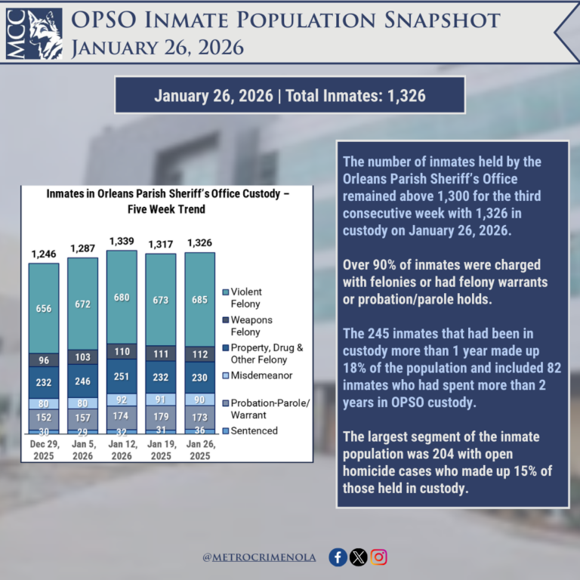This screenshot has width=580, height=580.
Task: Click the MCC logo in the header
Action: [34, 35]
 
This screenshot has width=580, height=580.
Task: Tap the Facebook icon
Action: [338, 557]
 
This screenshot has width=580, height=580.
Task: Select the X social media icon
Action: [358, 557]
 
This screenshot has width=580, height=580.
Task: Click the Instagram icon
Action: [378, 557]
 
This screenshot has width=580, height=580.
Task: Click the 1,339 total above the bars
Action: [122, 241]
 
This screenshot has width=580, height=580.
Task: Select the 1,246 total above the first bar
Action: [44, 254]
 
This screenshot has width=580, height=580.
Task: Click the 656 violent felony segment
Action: [44, 308]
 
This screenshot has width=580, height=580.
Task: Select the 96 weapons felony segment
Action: [44, 359]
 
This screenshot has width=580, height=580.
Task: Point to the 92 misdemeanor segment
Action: [122, 400]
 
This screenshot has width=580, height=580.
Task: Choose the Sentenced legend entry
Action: [254, 430]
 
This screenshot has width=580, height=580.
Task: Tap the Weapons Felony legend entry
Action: [253, 325]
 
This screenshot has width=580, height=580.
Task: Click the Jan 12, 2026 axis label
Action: [122, 451]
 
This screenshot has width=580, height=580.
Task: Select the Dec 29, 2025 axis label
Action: [44, 451]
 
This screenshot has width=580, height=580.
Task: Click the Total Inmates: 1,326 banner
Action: [289, 96]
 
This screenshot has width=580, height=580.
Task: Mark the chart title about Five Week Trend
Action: [163, 201]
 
